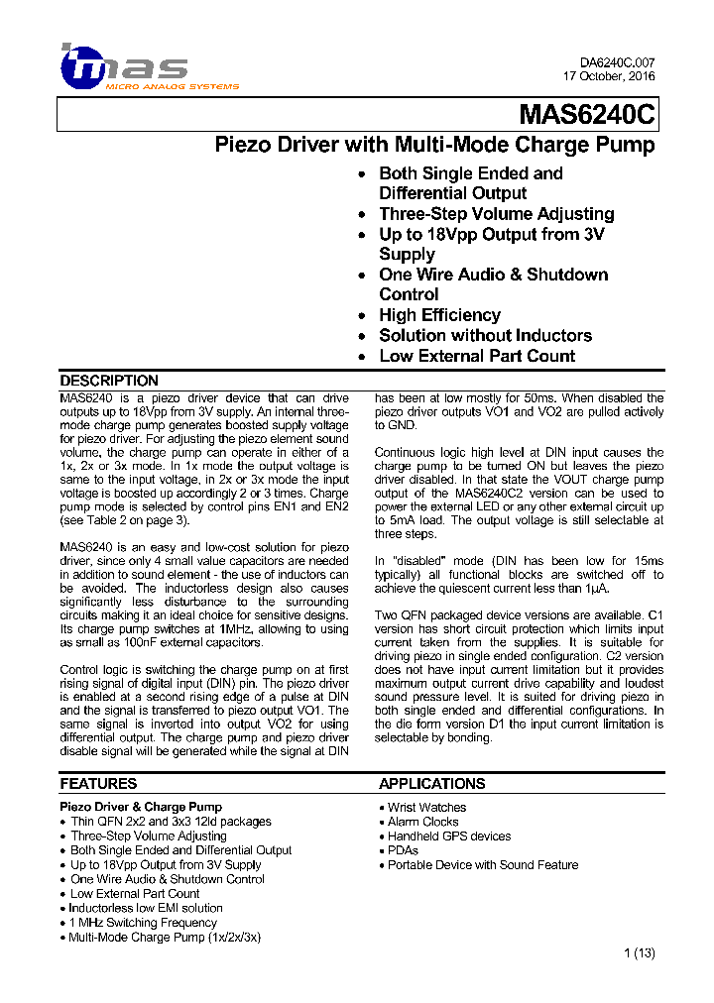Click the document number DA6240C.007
tap(617, 62)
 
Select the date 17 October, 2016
tap(609, 76)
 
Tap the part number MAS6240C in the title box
tap(586, 117)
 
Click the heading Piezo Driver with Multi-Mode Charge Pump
tap(435, 146)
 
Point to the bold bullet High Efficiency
tap(439, 315)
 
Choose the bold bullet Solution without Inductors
tap(485, 336)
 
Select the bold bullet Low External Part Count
tap(477, 356)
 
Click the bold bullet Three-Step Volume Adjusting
tap(496, 214)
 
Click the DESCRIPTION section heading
tap(109, 381)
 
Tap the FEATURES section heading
tap(98, 784)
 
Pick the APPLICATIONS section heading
tap(431, 784)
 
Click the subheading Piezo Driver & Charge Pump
tap(141, 807)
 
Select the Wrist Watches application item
tap(426, 808)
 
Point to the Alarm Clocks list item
tap(423, 822)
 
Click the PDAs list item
tap(403, 850)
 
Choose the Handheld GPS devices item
tap(449, 836)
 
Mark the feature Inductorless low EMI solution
tap(146, 908)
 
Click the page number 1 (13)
tap(640, 953)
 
